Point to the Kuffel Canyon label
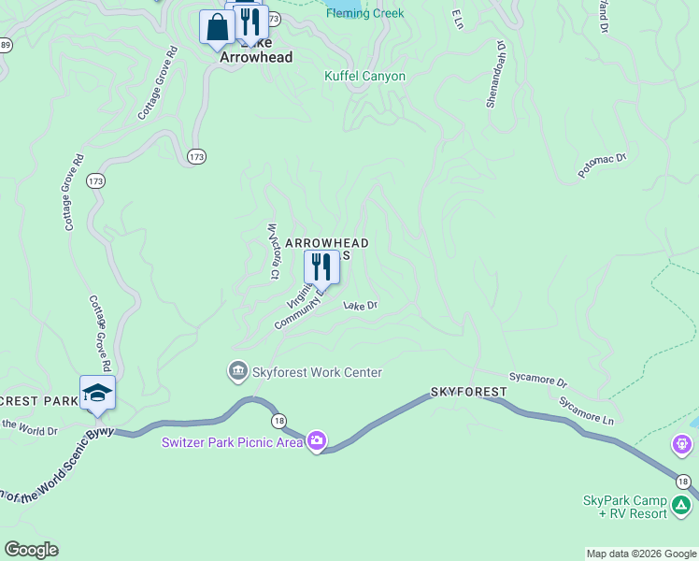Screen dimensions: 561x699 [x=364, y=76]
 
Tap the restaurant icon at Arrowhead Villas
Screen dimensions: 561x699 [x=321, y=266]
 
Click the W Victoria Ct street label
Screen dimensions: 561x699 [x=274, y=251]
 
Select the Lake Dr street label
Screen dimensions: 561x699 [x=360, y=306]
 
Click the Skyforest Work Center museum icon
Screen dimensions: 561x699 [x=237, y=372]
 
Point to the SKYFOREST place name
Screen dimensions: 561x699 [x=468, y=391]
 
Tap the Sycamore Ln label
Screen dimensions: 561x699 [x=586, y=410]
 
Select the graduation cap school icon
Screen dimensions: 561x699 [x=97, y=393]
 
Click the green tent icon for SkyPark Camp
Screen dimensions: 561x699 [x=681, y=507]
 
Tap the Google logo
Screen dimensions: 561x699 [x=31, y=550]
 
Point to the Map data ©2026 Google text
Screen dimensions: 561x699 [x=640, y=554]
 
